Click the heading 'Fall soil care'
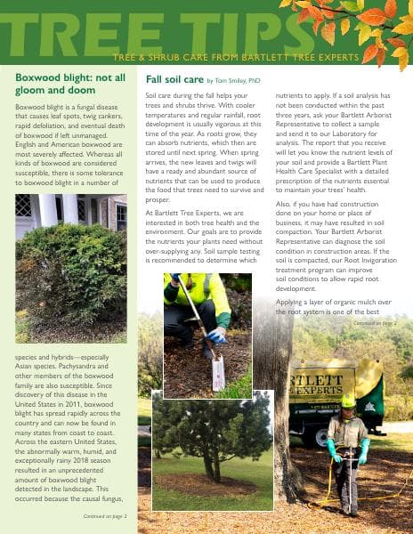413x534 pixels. point(174,79)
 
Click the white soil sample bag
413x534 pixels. point(218,371)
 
